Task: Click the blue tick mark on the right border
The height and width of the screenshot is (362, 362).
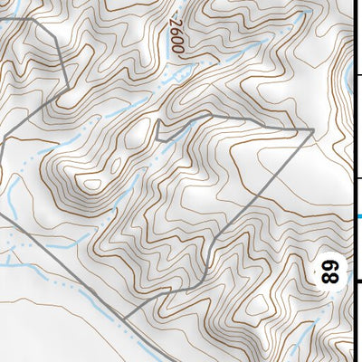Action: click(357, 215)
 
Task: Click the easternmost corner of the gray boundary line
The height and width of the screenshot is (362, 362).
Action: click(313, 129)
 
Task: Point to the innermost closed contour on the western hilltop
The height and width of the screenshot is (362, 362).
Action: click(91, 185)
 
